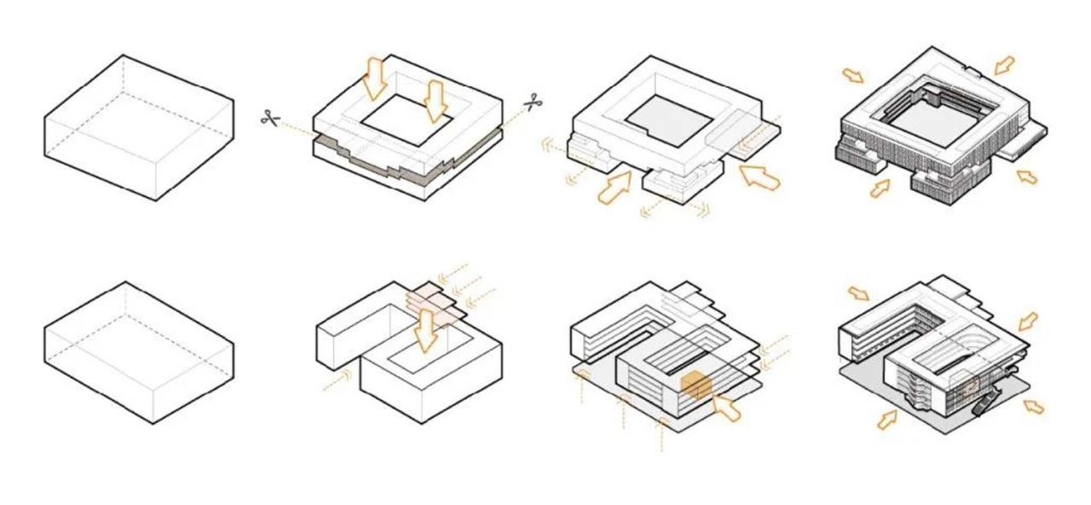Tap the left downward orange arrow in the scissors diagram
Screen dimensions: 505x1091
pos(373,78)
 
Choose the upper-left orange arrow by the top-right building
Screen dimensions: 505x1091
pos(852,76)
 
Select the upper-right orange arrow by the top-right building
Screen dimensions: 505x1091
pos(1005,65)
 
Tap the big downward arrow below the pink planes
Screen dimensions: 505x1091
pos(425,334)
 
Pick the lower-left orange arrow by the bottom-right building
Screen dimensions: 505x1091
pos(887,419)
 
